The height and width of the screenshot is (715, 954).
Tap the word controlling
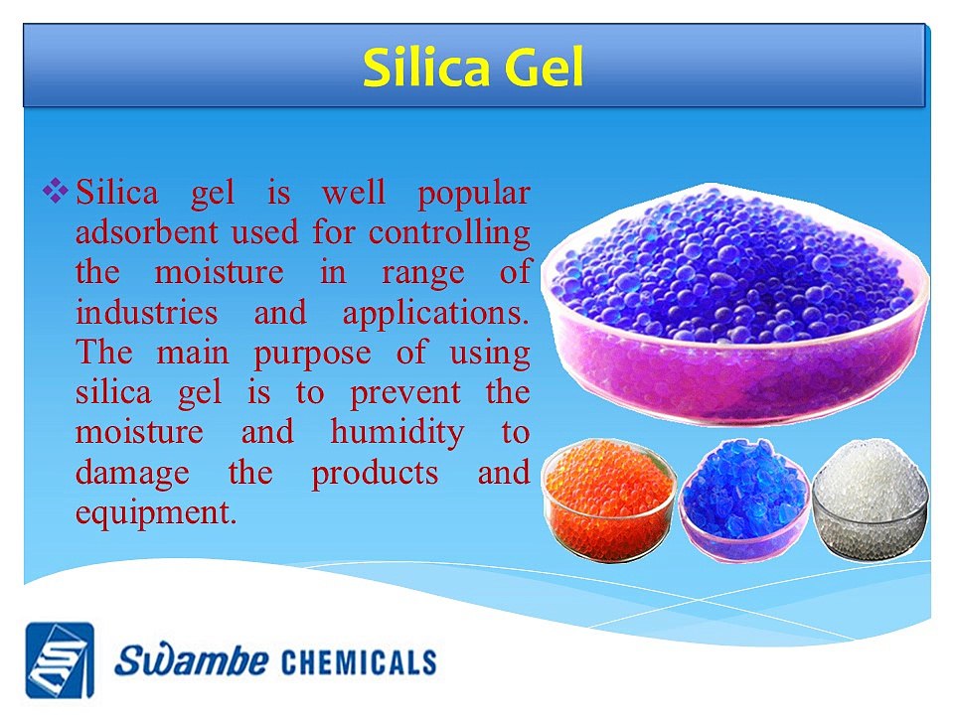tap(449, 233)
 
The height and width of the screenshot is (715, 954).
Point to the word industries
tap(146, 313)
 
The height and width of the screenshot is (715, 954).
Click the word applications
tap(435, 313)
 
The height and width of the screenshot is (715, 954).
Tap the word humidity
tap(397, 433)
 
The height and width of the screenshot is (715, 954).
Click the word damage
tap(131, 474)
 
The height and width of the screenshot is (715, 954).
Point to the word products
tap(375, 473)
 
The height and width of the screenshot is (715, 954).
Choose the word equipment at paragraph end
tap(156, 513)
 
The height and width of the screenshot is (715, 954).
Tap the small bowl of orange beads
tap(609, 497)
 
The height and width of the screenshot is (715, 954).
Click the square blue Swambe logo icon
tap(60, 659)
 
